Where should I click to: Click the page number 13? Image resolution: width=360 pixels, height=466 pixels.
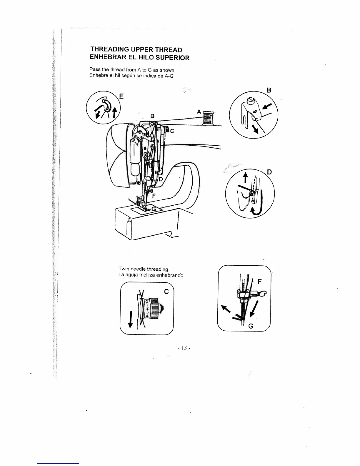click(184, 348)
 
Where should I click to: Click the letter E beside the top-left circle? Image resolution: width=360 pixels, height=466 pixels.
click(121, 96)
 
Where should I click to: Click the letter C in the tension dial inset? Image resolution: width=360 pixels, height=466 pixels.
click(166, 292)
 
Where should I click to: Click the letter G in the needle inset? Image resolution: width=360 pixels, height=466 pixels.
click(251, 326)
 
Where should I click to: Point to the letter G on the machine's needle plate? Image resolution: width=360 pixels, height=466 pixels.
click(154, 209)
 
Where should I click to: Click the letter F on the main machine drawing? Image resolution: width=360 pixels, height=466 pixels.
click(154, 195)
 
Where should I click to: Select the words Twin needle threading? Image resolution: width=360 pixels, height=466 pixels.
click(144, 269)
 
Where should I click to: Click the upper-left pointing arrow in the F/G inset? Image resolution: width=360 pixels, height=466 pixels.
click(226, 309)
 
